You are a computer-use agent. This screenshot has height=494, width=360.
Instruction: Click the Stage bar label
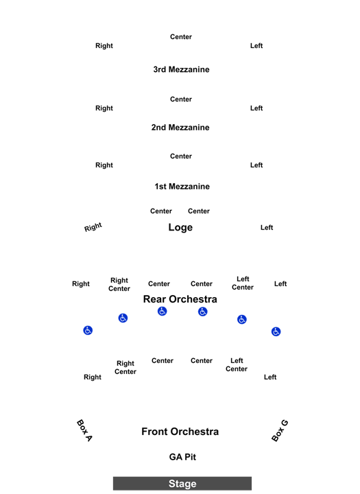click(182, 483)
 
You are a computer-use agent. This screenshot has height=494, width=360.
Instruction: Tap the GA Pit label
click(182, 457)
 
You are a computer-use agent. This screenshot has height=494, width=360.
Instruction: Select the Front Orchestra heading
click(180, 432)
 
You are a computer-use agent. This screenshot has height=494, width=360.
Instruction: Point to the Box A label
click(84, 430)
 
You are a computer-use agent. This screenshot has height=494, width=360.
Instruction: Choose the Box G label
click(280, 431)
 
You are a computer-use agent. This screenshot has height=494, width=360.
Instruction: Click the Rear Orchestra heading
click(180, 299)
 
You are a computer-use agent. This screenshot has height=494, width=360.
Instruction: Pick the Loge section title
click(180, 227)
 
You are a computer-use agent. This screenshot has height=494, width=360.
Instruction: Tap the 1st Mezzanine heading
click(182, 186)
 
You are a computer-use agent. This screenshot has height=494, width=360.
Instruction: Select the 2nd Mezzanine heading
click(180, 128)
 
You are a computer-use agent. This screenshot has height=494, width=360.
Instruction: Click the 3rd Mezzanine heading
click(181, 69)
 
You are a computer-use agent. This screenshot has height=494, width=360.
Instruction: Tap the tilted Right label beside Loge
click(93, 227)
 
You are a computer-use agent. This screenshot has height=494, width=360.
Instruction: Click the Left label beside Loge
click(267, 228)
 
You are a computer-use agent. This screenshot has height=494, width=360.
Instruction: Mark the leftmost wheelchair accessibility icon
click(88, 330)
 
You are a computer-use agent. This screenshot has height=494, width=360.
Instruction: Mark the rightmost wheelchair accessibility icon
click(276, 331)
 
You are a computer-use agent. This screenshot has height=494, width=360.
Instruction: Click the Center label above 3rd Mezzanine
click(181, 37)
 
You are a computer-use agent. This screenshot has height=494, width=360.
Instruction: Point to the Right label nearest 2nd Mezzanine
click(104, 108)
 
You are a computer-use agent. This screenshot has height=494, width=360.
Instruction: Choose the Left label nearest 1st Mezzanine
click(256, 165)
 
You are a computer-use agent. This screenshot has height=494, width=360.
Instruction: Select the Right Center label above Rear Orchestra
click(119, 285)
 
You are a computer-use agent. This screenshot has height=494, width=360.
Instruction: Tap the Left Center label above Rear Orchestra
click(243, 283)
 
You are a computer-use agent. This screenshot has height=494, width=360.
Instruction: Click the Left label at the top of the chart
click(256, 46)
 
